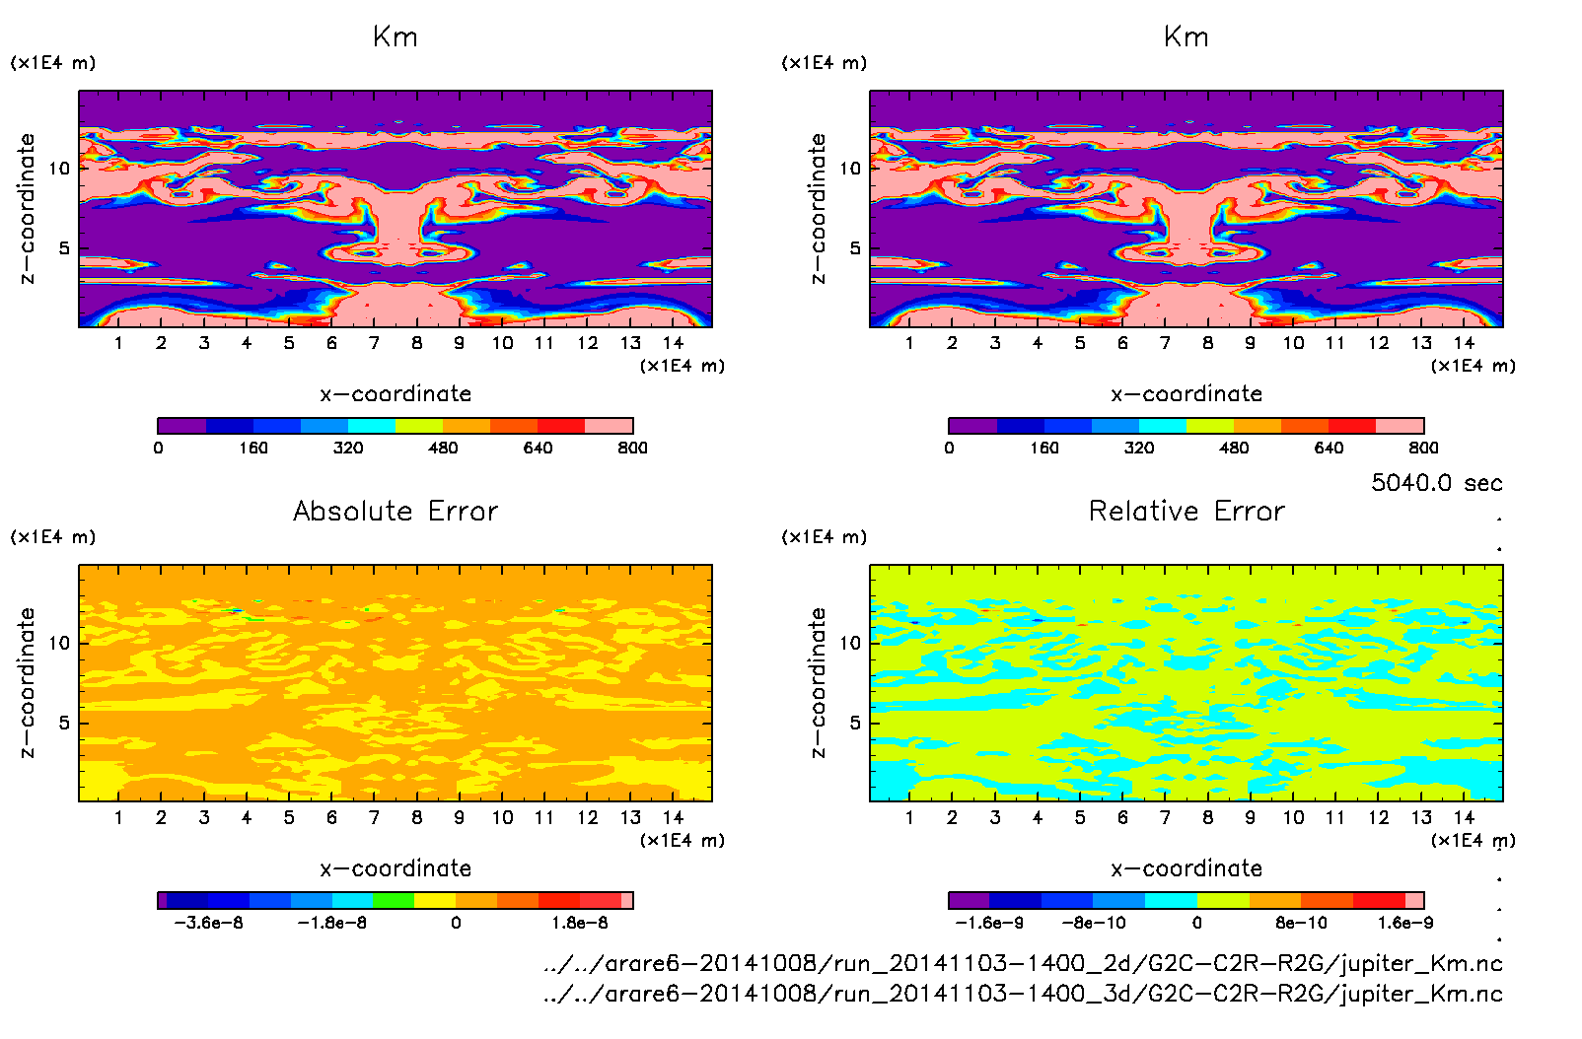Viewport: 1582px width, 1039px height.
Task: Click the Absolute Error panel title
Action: pos(395,512)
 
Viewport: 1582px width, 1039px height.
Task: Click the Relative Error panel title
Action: pos(1186,512)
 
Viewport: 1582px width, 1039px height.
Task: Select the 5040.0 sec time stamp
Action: pos(1436,483)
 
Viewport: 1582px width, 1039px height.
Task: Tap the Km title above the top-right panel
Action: pos(1186,37)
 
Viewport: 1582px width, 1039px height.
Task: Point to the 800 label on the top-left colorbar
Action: pos(632,449)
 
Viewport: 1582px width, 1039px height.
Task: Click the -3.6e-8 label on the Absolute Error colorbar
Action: pos(208,924)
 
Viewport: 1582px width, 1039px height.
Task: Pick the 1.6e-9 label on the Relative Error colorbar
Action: pos(1405,924)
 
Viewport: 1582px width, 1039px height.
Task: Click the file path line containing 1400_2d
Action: pos(1023,964)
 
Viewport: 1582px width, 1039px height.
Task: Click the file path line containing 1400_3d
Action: pos(1023,994)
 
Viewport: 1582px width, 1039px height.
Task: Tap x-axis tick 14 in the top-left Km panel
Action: pos(673,343)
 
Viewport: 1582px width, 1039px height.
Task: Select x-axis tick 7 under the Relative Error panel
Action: pos(1165,818)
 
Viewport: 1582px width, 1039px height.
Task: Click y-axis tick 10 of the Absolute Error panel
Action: pos(60,643)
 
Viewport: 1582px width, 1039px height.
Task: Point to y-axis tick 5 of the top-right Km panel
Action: pos(855,248)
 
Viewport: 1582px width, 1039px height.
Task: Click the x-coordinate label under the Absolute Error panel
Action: pos(395,868)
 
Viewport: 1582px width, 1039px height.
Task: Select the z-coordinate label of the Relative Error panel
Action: pos(817,682)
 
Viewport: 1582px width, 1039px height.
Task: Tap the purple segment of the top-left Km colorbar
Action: pos(182,426)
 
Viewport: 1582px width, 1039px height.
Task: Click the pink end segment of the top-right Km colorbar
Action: pos(1400,426)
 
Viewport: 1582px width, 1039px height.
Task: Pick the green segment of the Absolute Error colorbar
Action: pos(394,900)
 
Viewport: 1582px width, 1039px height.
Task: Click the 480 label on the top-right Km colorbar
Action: pos(1234,449)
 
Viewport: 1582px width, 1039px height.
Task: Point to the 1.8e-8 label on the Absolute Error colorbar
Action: pos(580,924)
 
